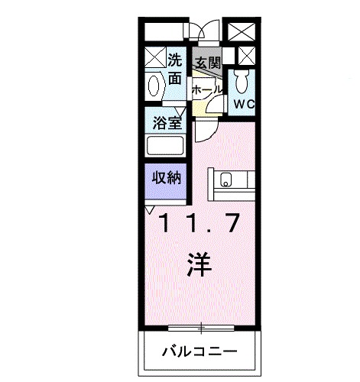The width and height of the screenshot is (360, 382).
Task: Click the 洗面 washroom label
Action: (x=175, y=68)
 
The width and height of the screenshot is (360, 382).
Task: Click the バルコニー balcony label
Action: (x=199, y=352)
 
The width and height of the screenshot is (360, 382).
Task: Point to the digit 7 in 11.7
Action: (x=232, y=224)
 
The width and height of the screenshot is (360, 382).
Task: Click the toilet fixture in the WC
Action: (x=244, y=79)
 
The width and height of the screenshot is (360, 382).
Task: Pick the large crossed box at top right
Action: (x=244, y=33)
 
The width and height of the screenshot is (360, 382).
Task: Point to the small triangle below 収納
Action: (x=150, y=208)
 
